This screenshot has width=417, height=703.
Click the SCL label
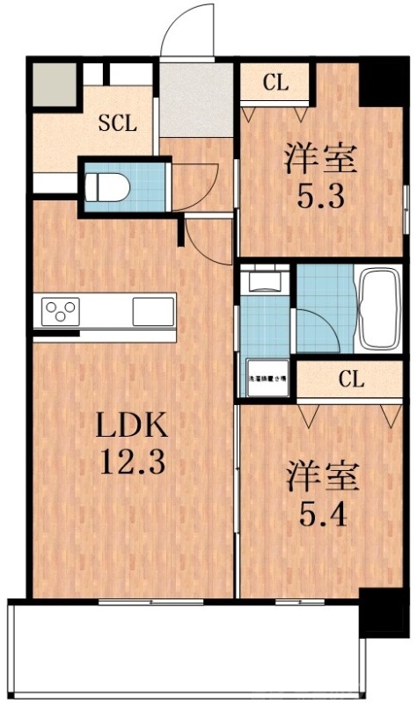tap(117, 123)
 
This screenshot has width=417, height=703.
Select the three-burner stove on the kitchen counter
tap(62, 311)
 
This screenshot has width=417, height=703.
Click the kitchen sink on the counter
tap(153, 311)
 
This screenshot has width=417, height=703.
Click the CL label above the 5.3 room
tap(275, 84)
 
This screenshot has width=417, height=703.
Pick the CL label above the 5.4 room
tap(350, 380)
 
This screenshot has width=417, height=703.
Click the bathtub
tap(380, 308)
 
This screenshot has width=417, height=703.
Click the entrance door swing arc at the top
tap(188, 30)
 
